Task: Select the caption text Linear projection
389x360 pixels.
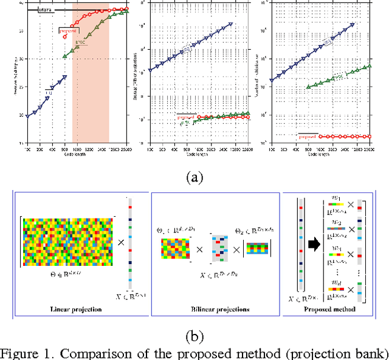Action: [74, 308]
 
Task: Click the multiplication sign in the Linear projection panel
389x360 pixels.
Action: [120, 242]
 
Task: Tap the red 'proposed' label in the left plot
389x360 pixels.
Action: [67, 29]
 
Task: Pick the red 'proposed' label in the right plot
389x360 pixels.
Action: [308, 135]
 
